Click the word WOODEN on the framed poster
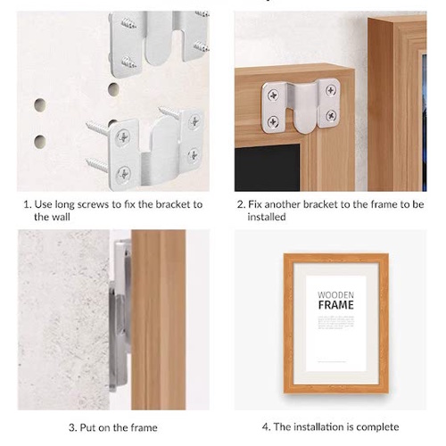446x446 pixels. (x=335, y=295)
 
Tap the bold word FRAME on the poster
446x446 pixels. (x=336, y=305)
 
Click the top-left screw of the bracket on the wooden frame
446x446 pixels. (x=273, y=95)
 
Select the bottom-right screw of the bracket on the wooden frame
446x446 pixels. (x=331, y=115)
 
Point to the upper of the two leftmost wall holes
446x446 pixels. (x=40, y=105)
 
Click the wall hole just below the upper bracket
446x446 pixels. (x=113, y=89)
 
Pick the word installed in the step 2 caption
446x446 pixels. (x=267, y=217)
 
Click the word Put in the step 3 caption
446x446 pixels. (x=87, y=427)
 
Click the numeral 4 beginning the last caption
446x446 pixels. (x=265, y=427)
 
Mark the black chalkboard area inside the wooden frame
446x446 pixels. (x=267, y=168)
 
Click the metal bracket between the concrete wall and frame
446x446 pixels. (x=120, y=315)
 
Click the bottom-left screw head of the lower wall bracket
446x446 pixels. (x=123, y=174)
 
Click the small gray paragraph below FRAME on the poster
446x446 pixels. (x=336, y=322)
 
